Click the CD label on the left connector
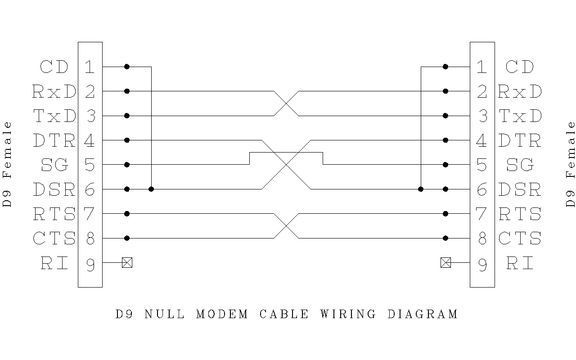(x=54, y=67)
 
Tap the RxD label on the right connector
(x=520, y=92)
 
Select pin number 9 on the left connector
(x=90, y=265)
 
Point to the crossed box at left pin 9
(x=127, y=262)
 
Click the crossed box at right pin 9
(x=445, y=262)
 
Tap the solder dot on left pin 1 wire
(x=127, y=67)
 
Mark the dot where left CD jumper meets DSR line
(x=151, y=189)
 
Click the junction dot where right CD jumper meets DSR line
(x=421, y=189)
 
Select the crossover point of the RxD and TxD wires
(x=286, y=103)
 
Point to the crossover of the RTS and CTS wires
(x=286, y=226)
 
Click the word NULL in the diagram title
(x=164, y=314)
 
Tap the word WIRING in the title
(x=348, y=314)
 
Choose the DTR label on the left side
(x=54, y=141)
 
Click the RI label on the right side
(x=520, y=263)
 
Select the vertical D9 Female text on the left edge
(x=7, y=164)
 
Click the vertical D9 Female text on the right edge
(x=570, y=164)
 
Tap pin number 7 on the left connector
(x=90, y=214)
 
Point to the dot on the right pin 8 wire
(x=445, y=238)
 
